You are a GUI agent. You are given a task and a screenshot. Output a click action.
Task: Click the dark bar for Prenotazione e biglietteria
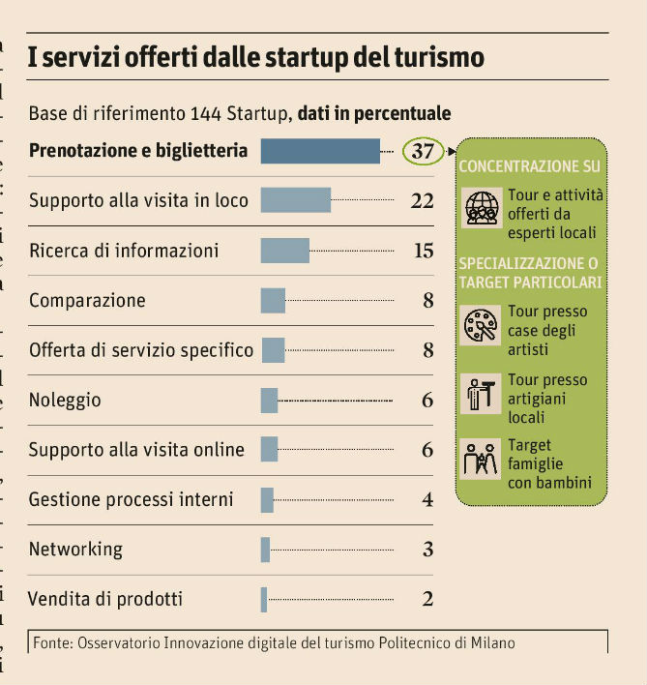(x=320, y=151)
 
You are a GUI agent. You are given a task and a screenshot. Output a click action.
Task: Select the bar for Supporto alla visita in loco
(x=296, y=200)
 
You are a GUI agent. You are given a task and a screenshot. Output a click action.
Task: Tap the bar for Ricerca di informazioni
(x=285, y=251)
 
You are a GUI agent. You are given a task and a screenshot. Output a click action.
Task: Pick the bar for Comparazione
(x=273, y=300)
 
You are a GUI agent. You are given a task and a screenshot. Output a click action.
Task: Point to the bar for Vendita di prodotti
(x=264, y=599)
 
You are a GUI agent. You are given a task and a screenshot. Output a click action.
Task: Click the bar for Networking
(x=265, y=550)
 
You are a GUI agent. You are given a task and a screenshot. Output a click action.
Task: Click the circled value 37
(x=423, y=152)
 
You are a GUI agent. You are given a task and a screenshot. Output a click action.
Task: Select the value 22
(x=422, y=201)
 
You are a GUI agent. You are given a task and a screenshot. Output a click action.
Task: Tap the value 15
(x=423, y=251)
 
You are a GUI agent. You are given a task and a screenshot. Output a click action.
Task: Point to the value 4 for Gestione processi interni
(x=427, y=500)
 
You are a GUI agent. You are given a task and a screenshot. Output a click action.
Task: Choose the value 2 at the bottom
(x=427, y=599)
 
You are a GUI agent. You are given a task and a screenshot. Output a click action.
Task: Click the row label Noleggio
(x=65, y=401)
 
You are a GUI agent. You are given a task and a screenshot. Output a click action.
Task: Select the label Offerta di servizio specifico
(x=141, y=350)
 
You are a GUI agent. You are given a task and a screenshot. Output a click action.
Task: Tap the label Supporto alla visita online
(x=136, y=450)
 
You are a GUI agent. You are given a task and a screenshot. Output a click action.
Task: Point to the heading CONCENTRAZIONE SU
(x=529, y=166)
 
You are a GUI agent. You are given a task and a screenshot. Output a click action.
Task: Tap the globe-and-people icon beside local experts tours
(x=482, y=207)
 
